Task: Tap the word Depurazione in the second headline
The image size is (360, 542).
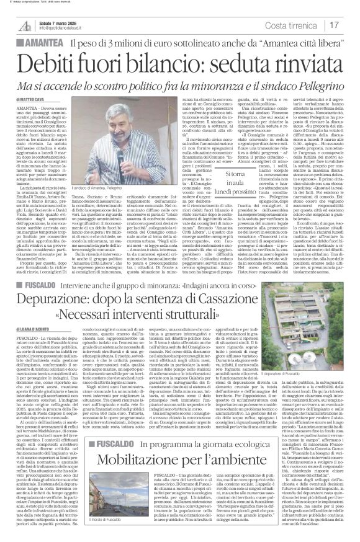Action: pos(56,316)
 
